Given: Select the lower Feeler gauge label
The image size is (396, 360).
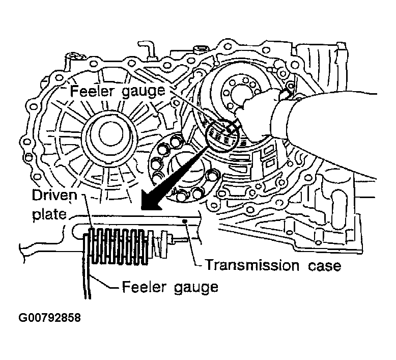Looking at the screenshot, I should pyautogui.click(x=170, y=287).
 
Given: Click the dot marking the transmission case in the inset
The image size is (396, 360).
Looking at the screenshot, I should pyautogui.click(x=187, y=221).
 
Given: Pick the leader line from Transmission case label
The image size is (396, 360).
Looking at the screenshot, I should pyautogui.click(x=195, y=250).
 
